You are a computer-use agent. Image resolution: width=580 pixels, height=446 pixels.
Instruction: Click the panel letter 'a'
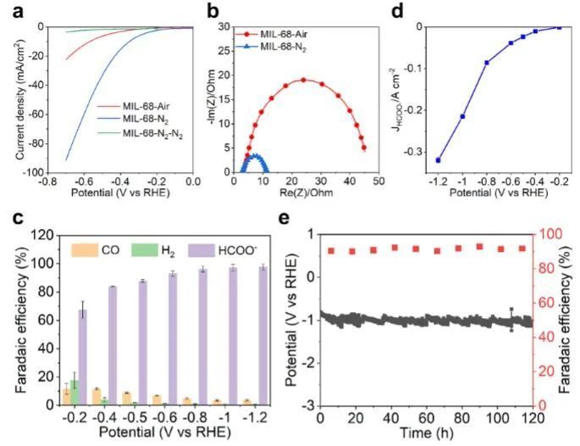tap(12, 9)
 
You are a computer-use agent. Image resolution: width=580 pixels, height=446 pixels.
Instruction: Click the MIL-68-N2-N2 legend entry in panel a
tap(152, 134)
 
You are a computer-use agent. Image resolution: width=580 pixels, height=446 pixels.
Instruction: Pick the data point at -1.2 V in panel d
tap(439, 159)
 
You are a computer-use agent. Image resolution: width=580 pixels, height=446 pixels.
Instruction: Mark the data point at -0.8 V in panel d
tap(486, 62)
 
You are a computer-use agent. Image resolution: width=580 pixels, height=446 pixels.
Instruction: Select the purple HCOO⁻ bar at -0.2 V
tap(83, 357)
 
